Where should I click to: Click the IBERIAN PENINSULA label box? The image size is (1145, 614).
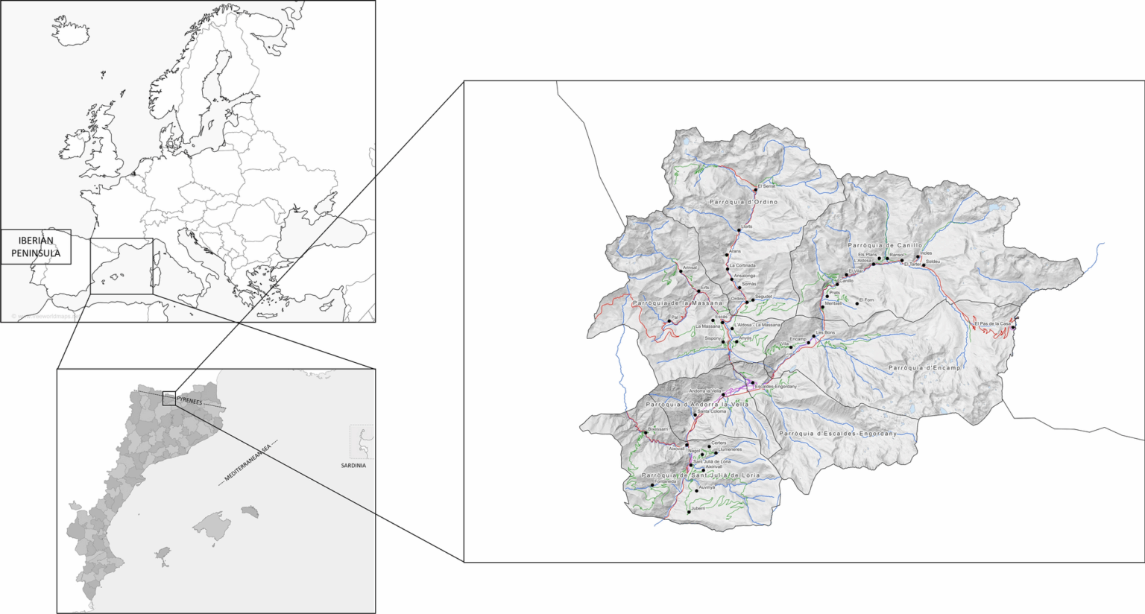pyautogui.click(x=36, y=247)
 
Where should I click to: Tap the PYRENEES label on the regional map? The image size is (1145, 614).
pyautogui.click(x=189, y=402)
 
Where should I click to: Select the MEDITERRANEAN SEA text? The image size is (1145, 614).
pyautogui.click(x=249, y=463)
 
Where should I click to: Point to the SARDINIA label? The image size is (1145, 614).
pyautogui.click(x=353, y=466)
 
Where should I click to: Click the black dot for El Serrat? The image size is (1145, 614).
pyautogui.click(x=755, y=190)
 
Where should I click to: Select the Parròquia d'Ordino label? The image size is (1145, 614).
pyautogui.click(x=743, y=202)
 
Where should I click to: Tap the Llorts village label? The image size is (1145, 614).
pyautogui.click(x=747, y=227)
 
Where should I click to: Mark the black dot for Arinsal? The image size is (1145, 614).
pyautogui.click(x=681, y=271)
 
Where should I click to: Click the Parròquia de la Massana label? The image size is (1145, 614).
pyautogui.click(x=677, y=303)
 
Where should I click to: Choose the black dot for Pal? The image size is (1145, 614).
pyautogui.click(x=669, y=322)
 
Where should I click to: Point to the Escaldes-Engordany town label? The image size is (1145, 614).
pyautogui.click(x=776, y=387)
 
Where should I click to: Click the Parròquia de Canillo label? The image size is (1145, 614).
pyautogui.click(x=885, y=245)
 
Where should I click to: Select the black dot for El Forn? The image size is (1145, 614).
pyautogui.click(x=857, y=303)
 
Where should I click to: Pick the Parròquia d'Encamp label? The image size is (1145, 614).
pyautogui.click(x=924, y=368)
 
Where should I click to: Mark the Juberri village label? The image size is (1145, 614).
pyautogui.click(x=698, y=508)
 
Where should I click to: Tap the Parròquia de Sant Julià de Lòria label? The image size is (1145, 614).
pyautogui.click(x=701, y=475)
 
